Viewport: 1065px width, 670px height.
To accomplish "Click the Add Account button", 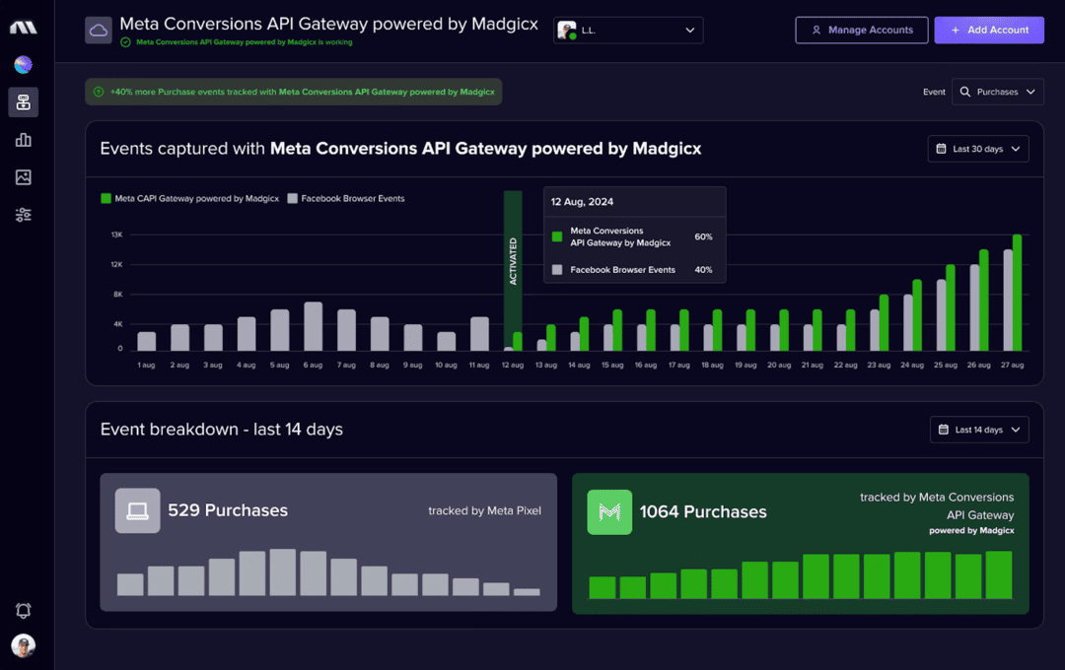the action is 989,30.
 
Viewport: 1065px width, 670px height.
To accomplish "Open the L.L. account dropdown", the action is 628,31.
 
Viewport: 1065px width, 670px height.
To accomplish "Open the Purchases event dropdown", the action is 998,92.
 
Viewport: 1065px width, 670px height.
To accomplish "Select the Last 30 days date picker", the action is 978,149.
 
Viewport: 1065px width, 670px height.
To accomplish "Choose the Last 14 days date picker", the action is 979,430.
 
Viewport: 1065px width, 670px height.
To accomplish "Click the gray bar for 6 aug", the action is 314,326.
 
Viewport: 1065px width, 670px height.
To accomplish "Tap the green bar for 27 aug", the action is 1017,293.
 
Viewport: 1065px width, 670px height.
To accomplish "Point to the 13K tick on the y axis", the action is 116,234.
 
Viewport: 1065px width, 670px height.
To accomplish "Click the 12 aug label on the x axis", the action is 513,366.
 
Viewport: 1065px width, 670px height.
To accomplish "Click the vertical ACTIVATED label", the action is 513,261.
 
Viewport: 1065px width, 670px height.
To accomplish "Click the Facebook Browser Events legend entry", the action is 346,198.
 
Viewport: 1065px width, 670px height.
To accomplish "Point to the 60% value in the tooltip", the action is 703,236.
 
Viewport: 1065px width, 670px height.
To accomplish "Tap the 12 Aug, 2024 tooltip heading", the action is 582,202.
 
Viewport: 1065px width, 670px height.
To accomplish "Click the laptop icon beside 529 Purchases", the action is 137,510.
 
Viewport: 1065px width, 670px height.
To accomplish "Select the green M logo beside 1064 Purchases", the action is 609,511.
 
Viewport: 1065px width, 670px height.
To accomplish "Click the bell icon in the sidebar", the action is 23,611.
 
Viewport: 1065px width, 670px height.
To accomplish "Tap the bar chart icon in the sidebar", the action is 23,140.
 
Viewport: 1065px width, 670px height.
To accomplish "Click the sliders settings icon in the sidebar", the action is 23,215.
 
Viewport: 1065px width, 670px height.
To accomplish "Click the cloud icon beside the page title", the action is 99,31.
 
